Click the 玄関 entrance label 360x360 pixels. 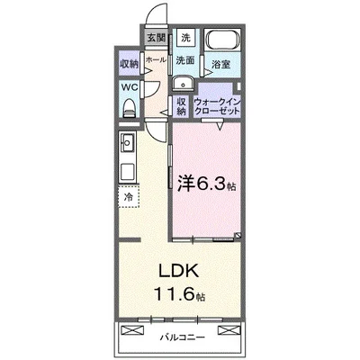click(157, 38)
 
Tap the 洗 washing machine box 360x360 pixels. click(185, 38)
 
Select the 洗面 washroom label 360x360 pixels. click(185, 61)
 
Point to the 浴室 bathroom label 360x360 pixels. click(220, 65)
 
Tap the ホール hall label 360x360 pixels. click(154, 58)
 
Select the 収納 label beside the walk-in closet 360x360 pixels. click(182, 105)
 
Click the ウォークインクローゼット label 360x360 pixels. click(218, 106)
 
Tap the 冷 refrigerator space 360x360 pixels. click(129, 195)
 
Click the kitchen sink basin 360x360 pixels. click(127, 141)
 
